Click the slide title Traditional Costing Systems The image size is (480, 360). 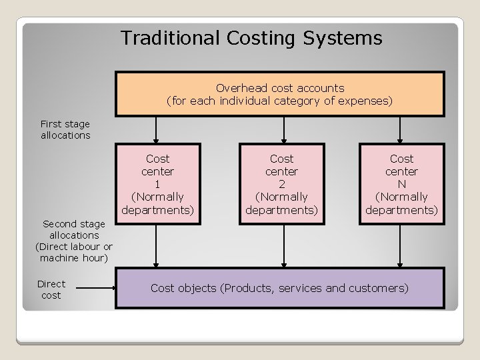(x=251, y=38)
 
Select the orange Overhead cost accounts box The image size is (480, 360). (x=279, y=94)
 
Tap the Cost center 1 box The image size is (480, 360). (x=157, y=184)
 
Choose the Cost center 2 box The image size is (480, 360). (x=281, y=184)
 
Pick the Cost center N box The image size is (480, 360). (x=401, y=184)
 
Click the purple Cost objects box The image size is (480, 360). (x=279, y=288)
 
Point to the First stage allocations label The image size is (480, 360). (x=65, y=129)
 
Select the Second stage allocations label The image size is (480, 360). (x=73, y=241)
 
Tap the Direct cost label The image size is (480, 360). (x=51, y=289)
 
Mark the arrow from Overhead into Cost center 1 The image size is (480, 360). (x=157, y=129)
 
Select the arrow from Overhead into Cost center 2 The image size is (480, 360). (x=285, y=129)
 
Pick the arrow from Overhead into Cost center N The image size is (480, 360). (x=400, y=129)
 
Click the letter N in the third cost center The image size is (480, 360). (x=401, y=184)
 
